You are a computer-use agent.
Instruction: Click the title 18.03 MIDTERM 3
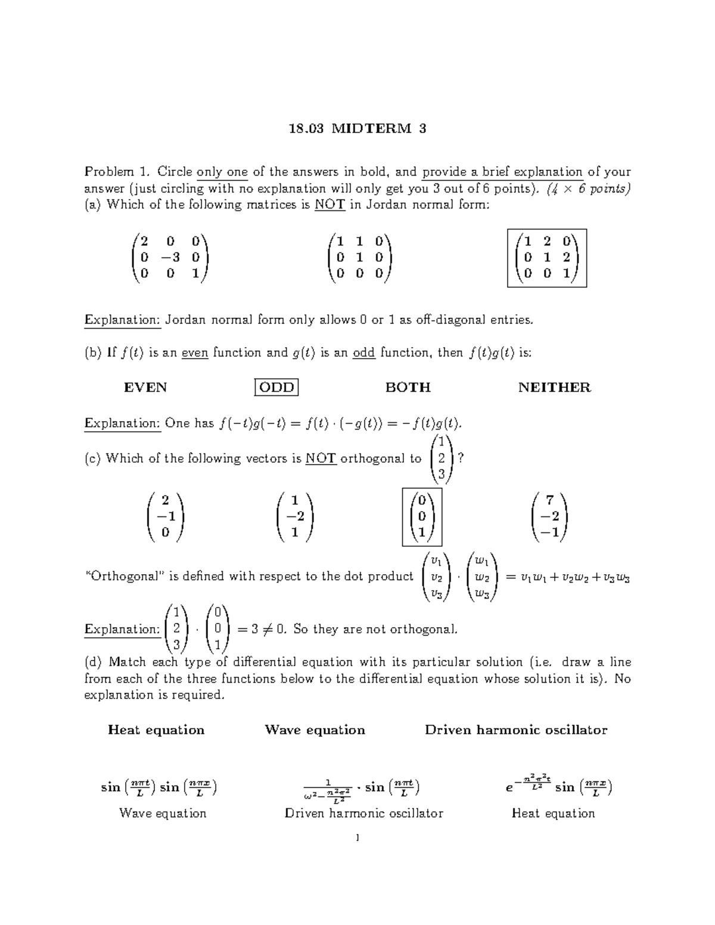click(357, 129)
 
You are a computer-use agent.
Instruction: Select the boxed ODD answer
click(276, 388)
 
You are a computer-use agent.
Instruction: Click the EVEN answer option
click(145, 388)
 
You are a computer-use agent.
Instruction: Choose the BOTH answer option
click(408, 388)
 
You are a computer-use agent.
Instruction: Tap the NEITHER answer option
click(554, 388)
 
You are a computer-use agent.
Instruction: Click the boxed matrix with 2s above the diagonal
click(547, 258)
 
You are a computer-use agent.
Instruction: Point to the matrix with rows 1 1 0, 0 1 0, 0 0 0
click(359, 258)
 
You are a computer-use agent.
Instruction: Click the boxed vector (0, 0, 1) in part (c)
click(422, 516)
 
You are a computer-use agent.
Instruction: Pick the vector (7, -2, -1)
click(549, 516)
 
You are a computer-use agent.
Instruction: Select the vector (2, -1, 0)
click(165, 516)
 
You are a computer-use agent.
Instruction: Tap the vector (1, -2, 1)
click(295, 516)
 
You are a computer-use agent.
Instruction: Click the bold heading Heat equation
click(156, 730)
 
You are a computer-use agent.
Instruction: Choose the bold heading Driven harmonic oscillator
click(516, 730)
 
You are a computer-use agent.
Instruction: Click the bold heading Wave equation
click(315, 730)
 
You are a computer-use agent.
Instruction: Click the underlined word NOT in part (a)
click(329, 205)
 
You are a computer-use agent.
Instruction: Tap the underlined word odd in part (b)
click(363, 353)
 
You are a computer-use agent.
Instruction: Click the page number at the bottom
click(357, 838)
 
